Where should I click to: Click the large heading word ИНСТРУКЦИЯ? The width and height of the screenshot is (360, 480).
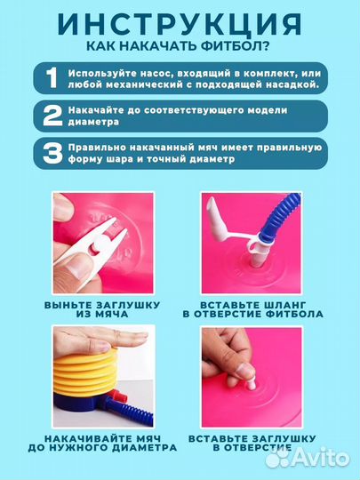click(x=180, y=23)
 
